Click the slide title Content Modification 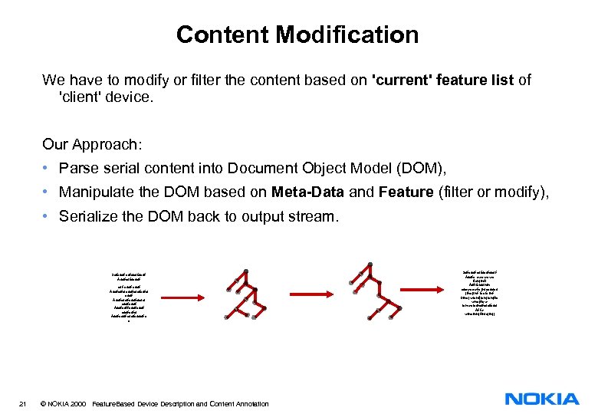297,34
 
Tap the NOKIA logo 542,399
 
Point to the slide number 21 24,403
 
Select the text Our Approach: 90,144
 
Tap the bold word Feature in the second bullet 406,192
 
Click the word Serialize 94,216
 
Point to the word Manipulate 99,192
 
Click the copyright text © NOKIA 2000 63,403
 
